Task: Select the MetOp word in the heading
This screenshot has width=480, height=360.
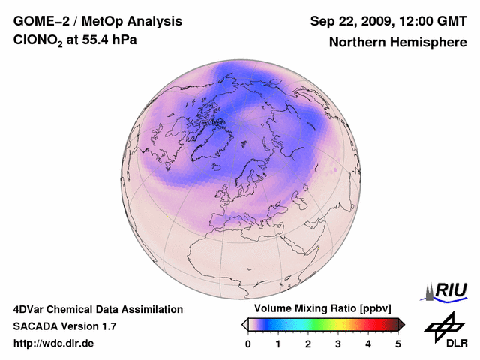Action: [104, 20]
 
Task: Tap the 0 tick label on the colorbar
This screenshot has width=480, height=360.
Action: [248, 343]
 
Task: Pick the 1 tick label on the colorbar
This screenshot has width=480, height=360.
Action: [278, 343]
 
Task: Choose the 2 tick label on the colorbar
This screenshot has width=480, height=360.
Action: [308, 343]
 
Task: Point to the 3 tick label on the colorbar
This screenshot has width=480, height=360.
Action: [338, 343]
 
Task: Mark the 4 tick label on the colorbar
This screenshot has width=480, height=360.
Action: [368, 343]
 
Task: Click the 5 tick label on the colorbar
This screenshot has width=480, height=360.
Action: [398, 343]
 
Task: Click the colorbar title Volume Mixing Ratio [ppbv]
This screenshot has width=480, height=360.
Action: [323, 308]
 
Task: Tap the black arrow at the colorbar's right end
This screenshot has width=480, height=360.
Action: [401, 324]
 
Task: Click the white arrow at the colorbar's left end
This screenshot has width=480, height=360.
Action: [244, 324]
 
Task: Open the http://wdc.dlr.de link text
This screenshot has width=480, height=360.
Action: [54, 343]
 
